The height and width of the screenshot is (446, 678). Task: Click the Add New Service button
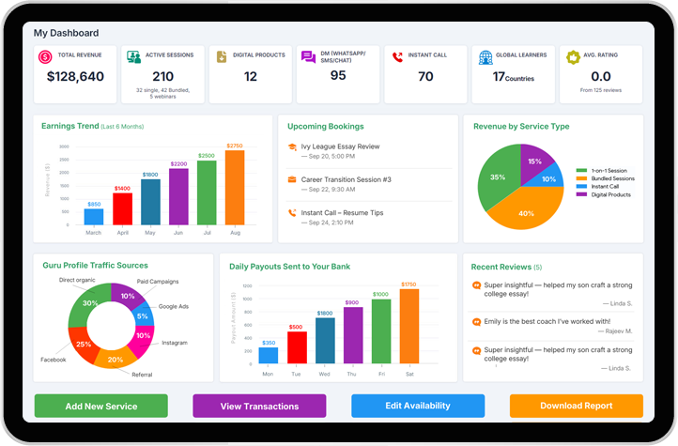click(101, 406)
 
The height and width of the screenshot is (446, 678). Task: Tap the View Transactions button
click(259, 406)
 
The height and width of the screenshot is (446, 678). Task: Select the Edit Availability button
click(418, 406)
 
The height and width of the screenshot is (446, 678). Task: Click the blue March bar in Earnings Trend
click(94, 217)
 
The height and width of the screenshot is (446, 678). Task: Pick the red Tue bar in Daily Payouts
click(296, 347)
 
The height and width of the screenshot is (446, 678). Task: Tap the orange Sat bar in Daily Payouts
click(408, 326)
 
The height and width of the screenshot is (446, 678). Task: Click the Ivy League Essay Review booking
click(340, 146)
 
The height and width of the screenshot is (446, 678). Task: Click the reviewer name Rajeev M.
click(616, 331)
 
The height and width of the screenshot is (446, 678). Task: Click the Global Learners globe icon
click(485, 57)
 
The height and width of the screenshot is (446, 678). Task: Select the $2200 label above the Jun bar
click(178, 163)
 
